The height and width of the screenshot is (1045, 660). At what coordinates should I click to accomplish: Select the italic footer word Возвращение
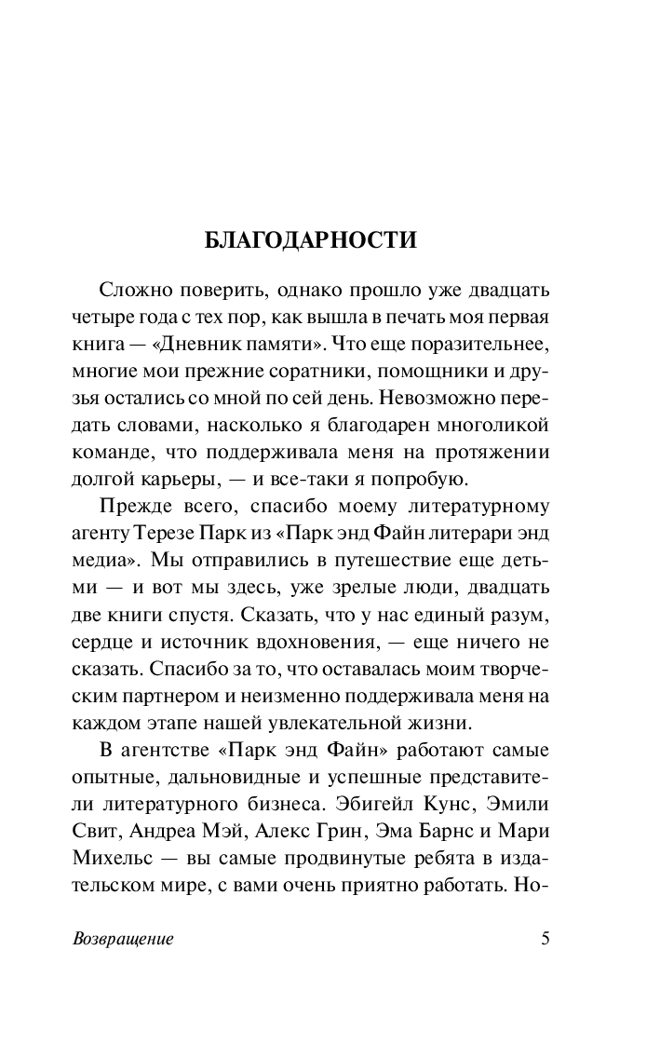tap(123, 938)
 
